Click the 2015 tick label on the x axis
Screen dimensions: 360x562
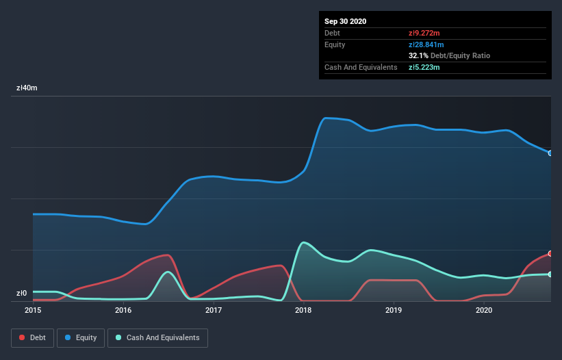click(x=33, y=311)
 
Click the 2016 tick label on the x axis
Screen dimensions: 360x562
click(x=123, y=311)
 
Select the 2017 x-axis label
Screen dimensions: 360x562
click(x=214, y=311)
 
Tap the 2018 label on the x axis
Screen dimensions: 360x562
click(x=303, y=311)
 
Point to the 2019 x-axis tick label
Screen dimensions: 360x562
click(x=394, y=311)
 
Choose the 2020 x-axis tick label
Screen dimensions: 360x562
click(x=483, y=311)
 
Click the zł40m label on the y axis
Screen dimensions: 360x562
click(x=27, y=88)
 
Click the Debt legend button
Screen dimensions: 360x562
click(x=32, y=337)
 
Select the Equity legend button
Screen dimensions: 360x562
click(x=81, y=337)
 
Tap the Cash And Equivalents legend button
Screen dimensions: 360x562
click(x=157, y=337)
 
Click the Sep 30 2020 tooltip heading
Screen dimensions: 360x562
click(x=346, y=21)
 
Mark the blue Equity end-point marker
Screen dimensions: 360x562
click(x=550, y=153)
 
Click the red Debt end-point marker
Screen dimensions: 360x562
click(x=550, y=253)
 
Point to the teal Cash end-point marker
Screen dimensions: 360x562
click(x=550, y=274)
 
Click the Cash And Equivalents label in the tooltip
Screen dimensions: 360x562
click(x=361, y=67)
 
